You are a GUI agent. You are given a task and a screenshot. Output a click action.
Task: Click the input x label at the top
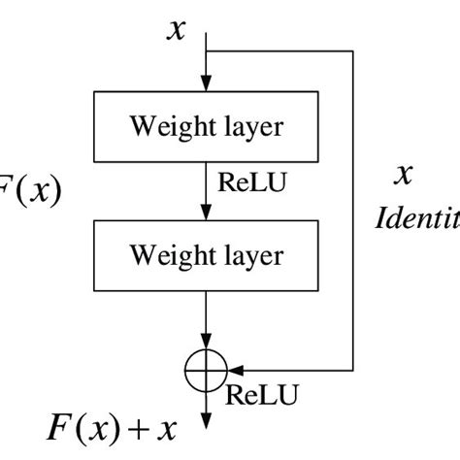[x=176, y=29]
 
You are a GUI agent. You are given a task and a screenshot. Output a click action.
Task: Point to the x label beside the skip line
[x=403, y=175]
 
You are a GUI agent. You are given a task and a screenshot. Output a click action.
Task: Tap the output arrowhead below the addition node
[x=206, y=420]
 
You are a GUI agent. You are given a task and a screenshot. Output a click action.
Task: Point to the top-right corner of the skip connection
[x=354, y=50]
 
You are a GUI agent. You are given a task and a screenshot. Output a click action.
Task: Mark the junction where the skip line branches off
[x=206, y=50]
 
